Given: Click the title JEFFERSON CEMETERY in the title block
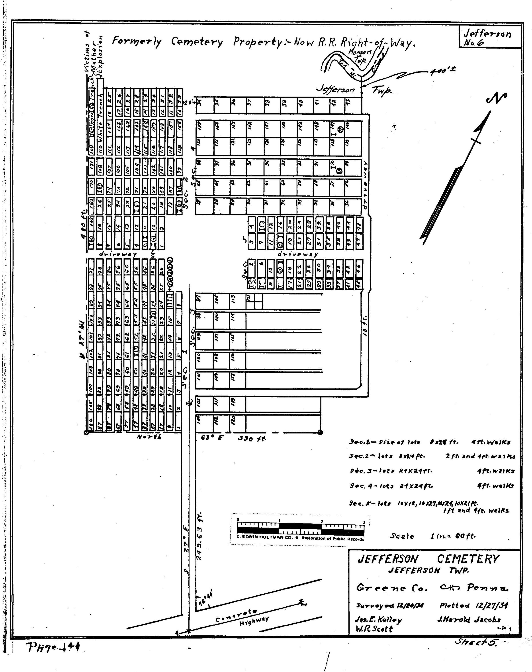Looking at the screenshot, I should click(x=428, y=559).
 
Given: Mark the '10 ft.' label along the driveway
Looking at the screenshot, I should click(x=366, y=325).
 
